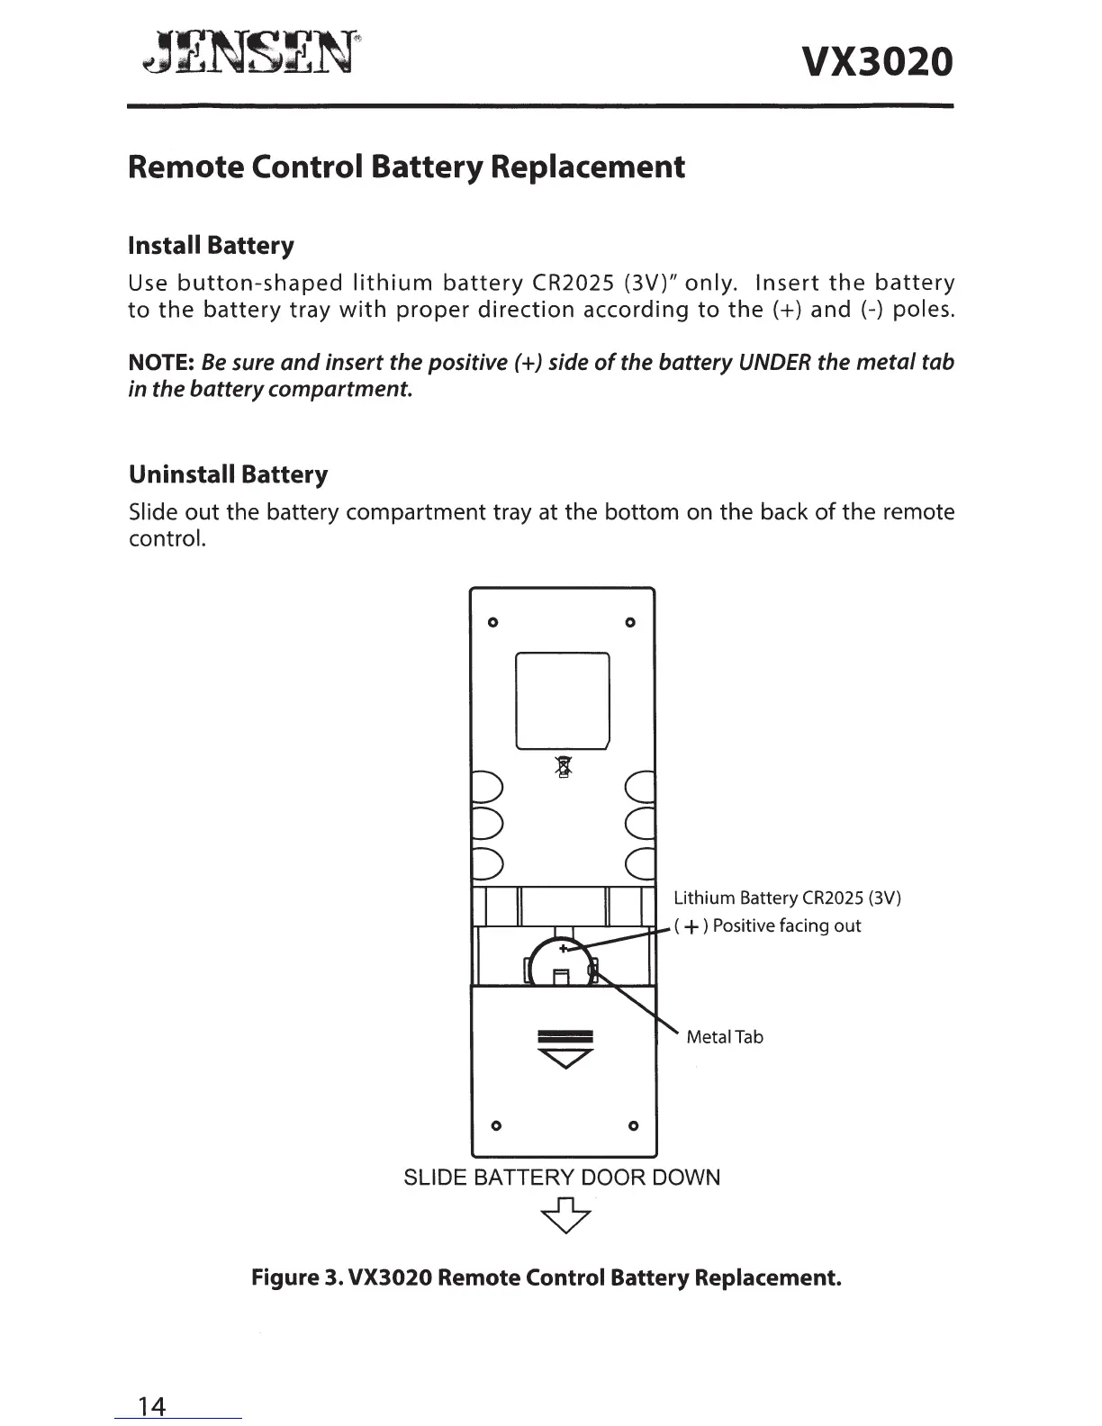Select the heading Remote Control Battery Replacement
pyautogui.click(x=406, y=167)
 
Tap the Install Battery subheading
pyautogui.click(x=212, y=246)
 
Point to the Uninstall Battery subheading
pyautogui.click(x=228, y=474)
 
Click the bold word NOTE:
pyautogui.click(x=163, y=363)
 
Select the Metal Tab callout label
pyautogui.click(x=724, y=1037)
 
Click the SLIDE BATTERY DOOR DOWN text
pyautogui.click(x=562, y=1178)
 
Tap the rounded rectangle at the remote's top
pyautogui.click(x=563, y=699)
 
